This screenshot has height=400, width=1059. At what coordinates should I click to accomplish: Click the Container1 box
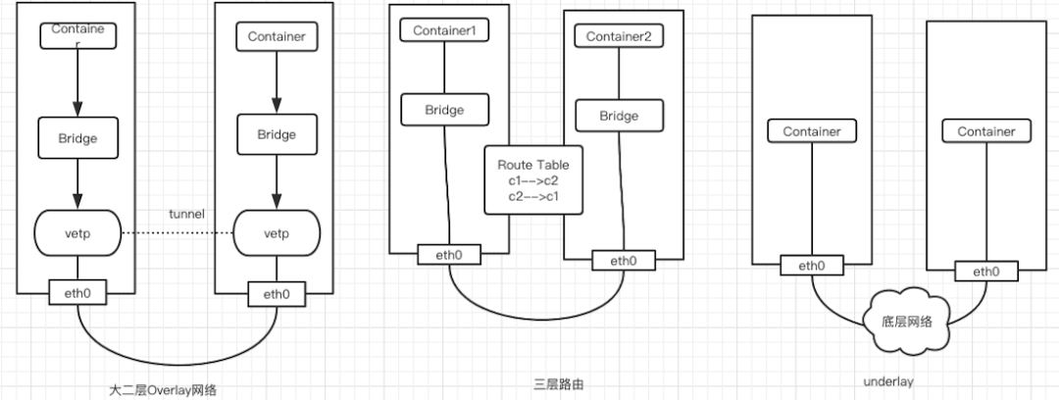tap(444, 30)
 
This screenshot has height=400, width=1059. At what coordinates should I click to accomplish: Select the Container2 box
tap(619, 36)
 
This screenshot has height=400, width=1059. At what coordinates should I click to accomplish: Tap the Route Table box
tap(532, 180)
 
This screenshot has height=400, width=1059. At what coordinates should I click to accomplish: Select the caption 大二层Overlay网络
tap(163, 389)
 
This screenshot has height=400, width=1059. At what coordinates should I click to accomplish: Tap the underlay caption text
tap(890, 382)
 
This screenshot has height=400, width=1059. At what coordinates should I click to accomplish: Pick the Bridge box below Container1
tap(444, 110)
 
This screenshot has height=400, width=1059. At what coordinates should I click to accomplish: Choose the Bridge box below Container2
tap(619, 116)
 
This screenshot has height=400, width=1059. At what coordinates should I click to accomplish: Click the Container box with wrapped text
tap(77, 36)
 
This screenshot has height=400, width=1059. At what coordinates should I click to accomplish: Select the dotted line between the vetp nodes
tap(176, 234)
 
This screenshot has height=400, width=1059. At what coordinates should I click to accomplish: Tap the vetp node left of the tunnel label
tap(77, 234)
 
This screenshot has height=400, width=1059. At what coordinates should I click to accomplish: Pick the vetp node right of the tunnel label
tap(276, 234)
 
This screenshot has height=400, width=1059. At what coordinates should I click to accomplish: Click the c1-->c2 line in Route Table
tap(532, 180)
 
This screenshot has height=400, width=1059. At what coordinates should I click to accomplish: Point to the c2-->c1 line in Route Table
tap(532, 196)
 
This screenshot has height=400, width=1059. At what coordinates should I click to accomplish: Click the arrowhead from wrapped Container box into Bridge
tap(77, 111)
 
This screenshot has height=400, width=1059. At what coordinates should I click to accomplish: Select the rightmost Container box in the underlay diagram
tap(985, 131)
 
